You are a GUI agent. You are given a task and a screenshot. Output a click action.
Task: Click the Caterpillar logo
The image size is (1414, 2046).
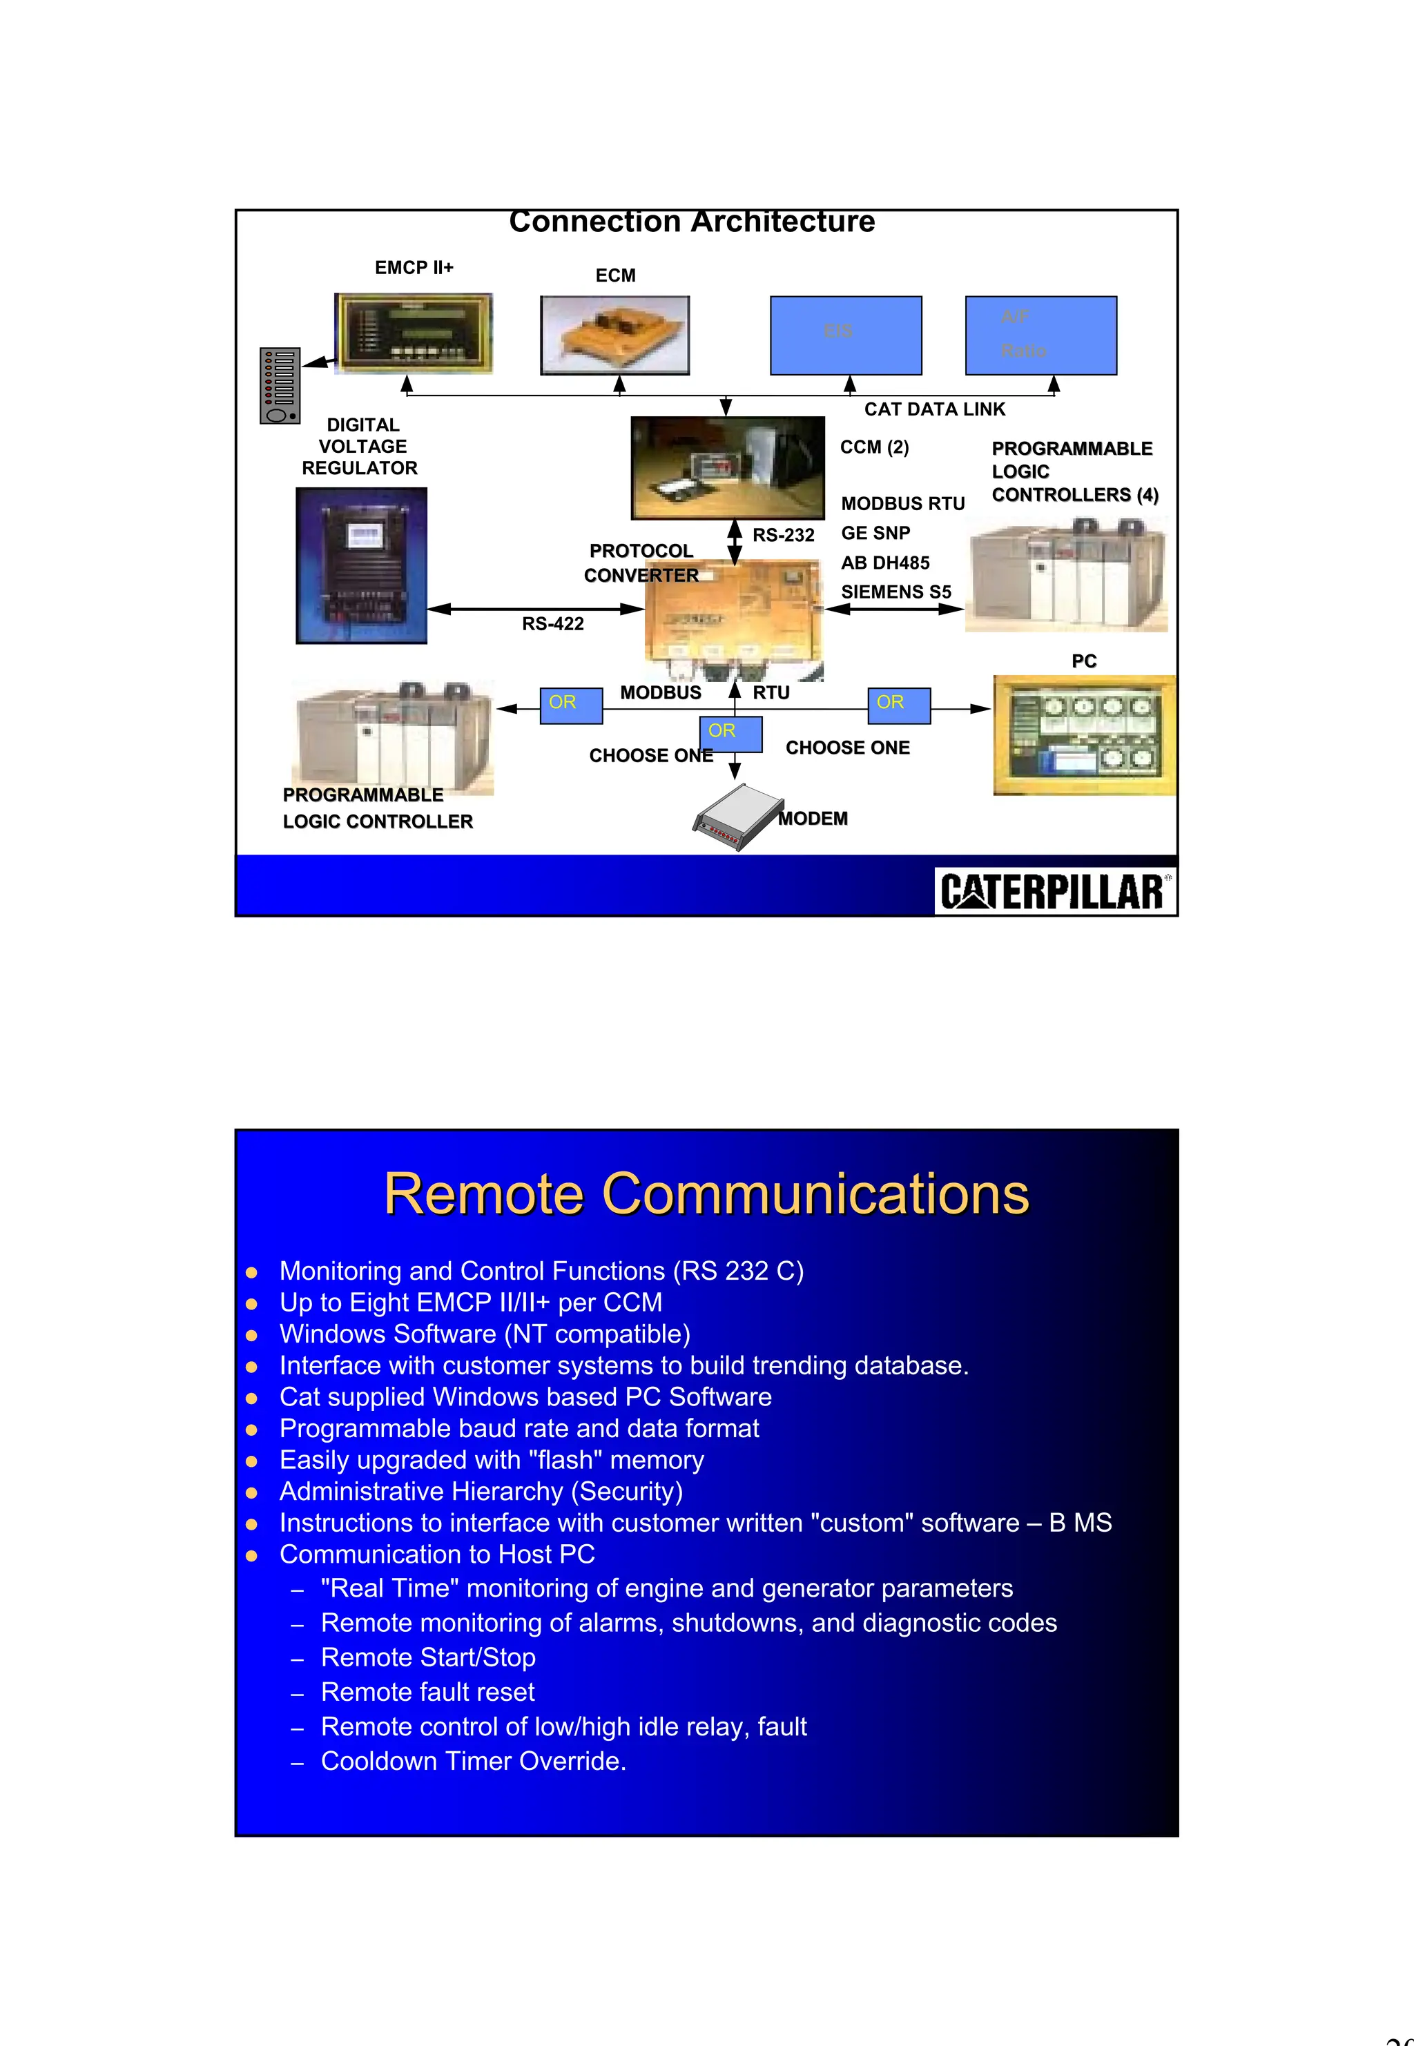[x=1054, y=891]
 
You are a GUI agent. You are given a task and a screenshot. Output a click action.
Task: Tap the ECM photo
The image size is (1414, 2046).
[x=615, y=335]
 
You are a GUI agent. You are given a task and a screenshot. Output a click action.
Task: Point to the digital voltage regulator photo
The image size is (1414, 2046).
[x=362, y=566]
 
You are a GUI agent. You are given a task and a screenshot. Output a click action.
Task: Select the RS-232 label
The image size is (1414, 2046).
[x=783, y=536]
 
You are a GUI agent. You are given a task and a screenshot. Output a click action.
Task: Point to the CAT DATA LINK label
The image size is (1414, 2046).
[x=935, y=409]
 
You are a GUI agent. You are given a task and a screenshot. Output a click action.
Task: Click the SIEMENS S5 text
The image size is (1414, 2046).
[x=895, y=592]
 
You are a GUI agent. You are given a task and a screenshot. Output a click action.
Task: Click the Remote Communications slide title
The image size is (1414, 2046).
[x=706, y=1194]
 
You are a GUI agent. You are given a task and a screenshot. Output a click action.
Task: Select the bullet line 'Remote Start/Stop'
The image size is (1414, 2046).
[x=428, y=1657]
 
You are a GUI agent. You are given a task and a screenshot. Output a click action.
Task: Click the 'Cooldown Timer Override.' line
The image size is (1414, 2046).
[x=473, y=1761]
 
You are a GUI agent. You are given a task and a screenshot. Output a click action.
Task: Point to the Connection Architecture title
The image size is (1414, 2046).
[x=692, y=222]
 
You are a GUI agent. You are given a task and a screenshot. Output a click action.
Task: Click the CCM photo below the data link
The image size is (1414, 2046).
[x=728, y=467]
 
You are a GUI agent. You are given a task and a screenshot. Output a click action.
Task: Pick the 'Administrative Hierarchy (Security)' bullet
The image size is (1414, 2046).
[x=481, y=1492]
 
